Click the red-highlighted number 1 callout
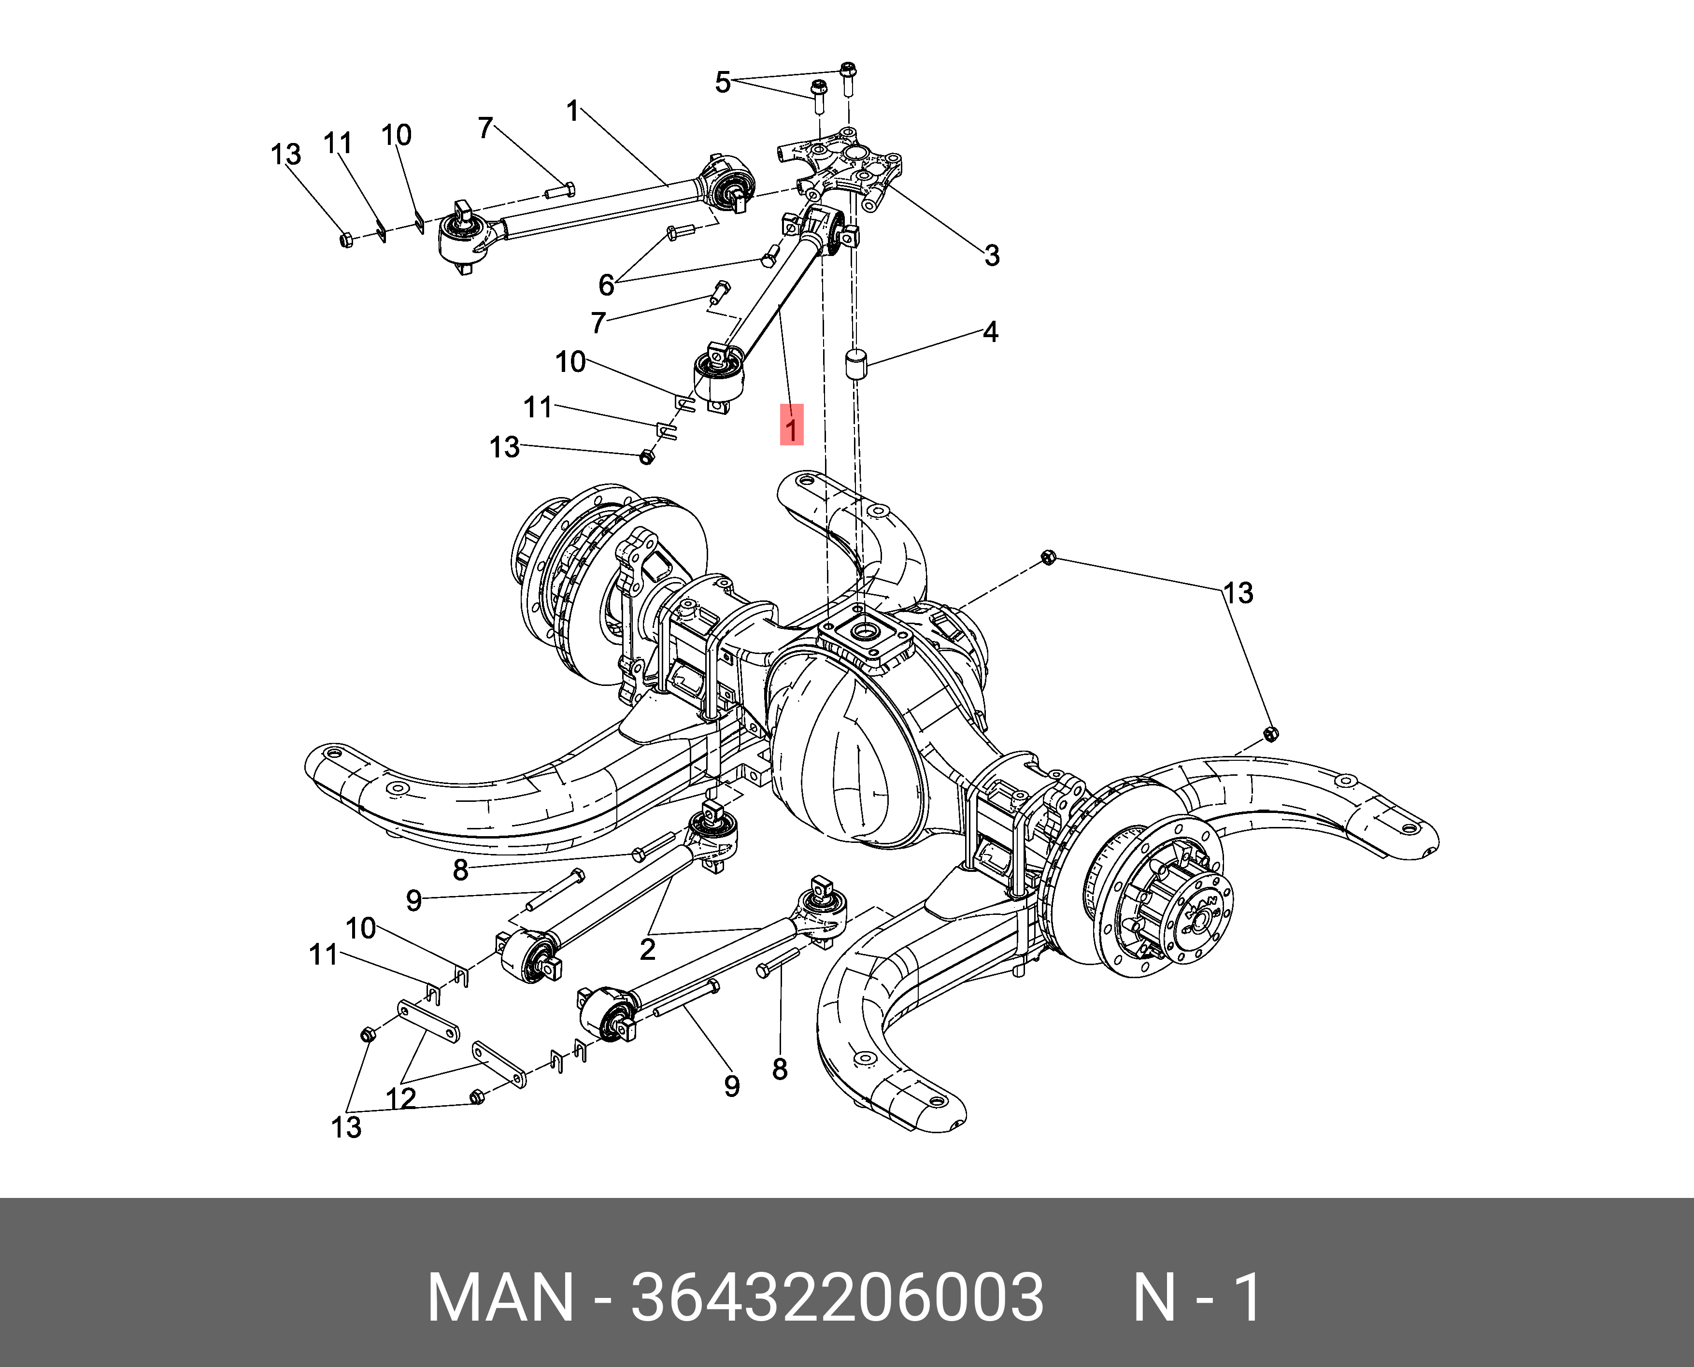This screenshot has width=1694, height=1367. [792, 425]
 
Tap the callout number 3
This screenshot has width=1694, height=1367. [992, 255]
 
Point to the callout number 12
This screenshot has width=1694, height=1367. [400, 1097]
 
